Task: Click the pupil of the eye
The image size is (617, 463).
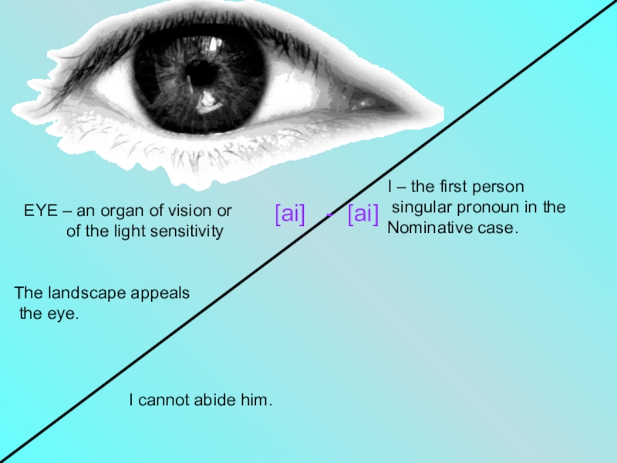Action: pyautogui.click(x=202, y=73)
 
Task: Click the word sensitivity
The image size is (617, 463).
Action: pyautogui.click(x=187, y=231)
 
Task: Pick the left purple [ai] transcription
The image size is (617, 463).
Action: pyautogui.click(x=290, y=215)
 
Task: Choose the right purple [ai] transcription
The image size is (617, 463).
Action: pyautogui.click(x=362, y=215)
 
